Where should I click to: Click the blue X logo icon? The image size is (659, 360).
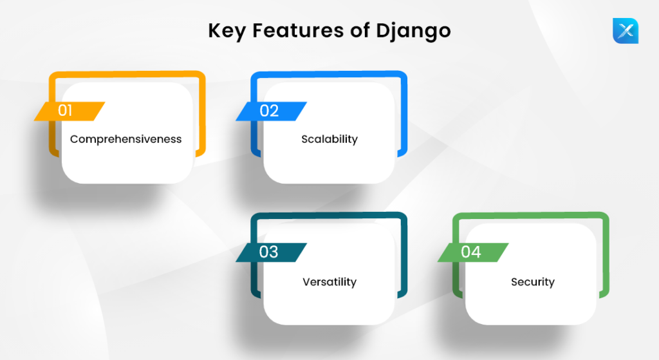point(625,31)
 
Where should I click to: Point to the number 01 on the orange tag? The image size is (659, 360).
point(66,111)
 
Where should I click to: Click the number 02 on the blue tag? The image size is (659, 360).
point(269,111)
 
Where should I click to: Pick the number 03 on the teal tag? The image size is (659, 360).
point(269,252)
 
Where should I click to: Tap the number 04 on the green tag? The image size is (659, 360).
point(471,252)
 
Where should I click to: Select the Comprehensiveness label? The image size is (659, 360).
point(126,139)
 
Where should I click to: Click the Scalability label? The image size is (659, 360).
point(329,139)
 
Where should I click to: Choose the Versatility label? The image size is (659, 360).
point(329,281)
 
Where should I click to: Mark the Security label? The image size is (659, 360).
point(533,281)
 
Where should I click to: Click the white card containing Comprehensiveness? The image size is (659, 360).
point(127,161)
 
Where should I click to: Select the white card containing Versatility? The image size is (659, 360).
point(329,303)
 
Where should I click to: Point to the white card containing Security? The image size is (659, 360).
point(532,303)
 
